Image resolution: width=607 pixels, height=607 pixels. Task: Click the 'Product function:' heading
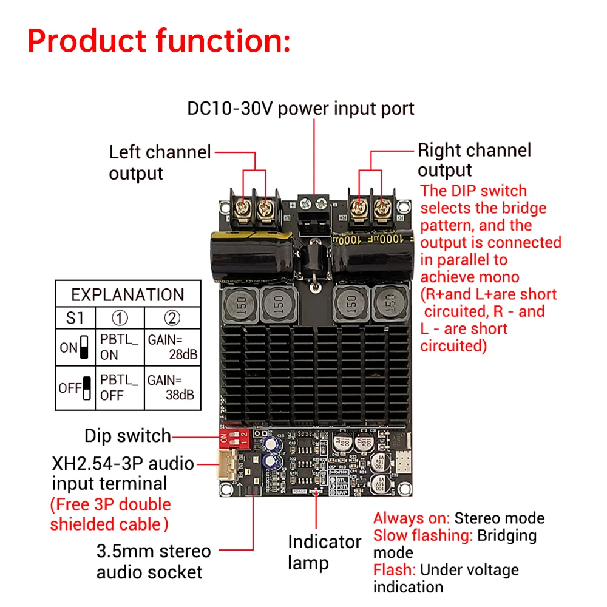(x=159, y=41)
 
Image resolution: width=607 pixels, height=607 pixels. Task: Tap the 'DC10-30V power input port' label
(x=300, y=109)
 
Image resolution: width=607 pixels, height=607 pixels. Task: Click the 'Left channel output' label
(x=160, y=162)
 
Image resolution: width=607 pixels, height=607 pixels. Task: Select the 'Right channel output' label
(x=474, y=160)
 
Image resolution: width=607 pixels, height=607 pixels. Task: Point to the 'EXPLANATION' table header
(x=127, y=295)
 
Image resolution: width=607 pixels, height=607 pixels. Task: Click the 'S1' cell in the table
(x=72, y=318)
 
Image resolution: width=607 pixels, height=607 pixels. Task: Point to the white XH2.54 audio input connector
(x=226, y=466)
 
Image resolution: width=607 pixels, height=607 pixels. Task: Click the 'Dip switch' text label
(x=127, y=436)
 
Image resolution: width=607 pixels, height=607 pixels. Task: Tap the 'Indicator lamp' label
(x=324, y=552)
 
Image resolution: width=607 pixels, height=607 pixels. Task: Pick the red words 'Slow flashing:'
(x=423, y=535)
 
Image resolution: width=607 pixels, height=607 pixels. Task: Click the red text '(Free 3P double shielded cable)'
(x=110, y=514)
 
